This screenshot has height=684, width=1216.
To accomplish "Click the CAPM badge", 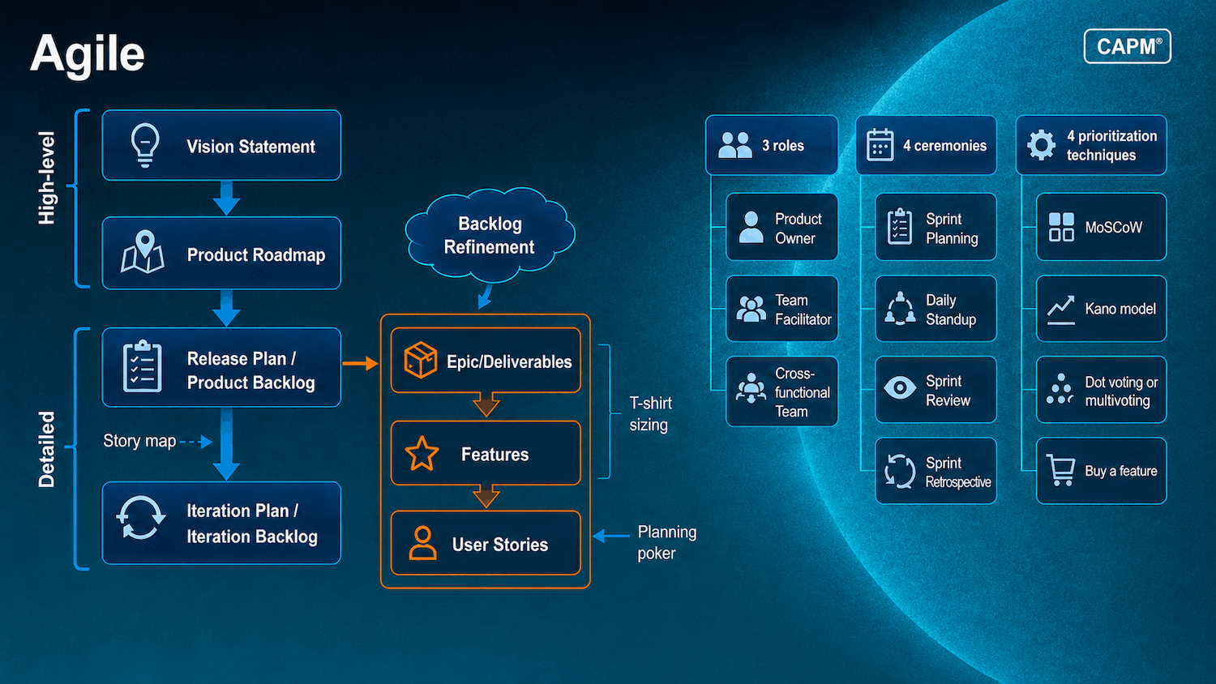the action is [x=1127, y=46].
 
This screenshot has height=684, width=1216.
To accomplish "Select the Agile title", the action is [x=88, y=54].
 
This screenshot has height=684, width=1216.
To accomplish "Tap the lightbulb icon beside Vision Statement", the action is [x=145, y=145].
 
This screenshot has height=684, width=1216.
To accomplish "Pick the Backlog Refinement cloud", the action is [x=490, y=235].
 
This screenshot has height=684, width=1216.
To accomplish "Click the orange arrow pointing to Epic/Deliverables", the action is [x=361, y=363].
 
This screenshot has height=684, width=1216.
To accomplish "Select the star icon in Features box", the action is [x=422, y=453].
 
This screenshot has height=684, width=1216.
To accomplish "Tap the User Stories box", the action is [x=486, y=543].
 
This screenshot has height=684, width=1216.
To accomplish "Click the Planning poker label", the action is [x=666, y=542].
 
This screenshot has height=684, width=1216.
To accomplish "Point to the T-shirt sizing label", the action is [x=650, y=413].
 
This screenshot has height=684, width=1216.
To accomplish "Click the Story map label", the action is [x=139, y=441].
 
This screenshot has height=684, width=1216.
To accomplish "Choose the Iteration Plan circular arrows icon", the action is [x=140, y=518].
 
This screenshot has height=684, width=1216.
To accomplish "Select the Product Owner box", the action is [x=781, y=227].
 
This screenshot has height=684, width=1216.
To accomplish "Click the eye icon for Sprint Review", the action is [x=900, y=387].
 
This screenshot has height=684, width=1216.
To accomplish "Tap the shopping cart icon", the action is [x=1060, y=470].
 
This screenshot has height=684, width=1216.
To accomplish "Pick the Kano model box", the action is [x=1102, y=309].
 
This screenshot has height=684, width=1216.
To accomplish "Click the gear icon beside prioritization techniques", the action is [x=1041, y=145].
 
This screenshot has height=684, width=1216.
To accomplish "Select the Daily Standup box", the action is [x=936, y=309].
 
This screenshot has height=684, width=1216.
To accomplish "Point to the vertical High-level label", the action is [x=47, y=177].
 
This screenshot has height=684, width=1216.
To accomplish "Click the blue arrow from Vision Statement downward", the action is [x=226, y=198].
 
